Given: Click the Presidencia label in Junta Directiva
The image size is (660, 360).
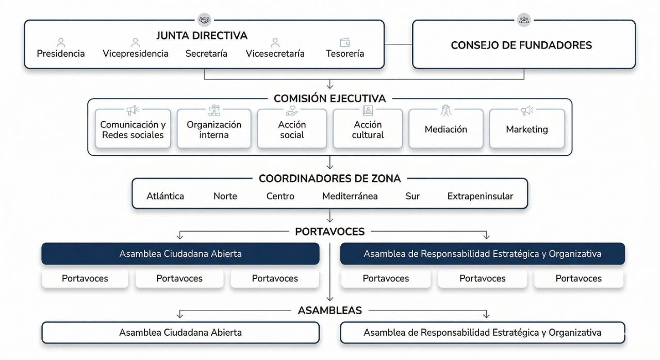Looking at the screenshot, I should coord(61,54).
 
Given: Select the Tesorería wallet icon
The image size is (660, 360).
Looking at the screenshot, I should coord(345,42).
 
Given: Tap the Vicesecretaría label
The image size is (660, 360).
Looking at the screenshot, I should coord(275,54).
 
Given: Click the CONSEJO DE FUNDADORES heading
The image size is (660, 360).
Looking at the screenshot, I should coord(521,45).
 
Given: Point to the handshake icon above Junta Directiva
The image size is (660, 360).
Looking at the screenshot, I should coord(205,20).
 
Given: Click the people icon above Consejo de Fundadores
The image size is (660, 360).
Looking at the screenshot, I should coord(524,20).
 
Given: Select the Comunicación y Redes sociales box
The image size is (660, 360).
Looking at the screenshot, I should coord(133,129).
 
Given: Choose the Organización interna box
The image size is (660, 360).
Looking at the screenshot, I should coord(214,129).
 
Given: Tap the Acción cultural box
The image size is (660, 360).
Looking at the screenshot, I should coord(368,129).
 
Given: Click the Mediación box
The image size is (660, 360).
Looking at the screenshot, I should coord(446,129).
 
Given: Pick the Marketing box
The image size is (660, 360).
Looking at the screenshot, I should coord(526,129).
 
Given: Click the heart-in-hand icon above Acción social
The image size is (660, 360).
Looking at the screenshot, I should coord(292,110).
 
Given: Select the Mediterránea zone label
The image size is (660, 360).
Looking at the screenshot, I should coord(350,196).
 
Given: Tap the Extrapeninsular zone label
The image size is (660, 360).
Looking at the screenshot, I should coord(480,196).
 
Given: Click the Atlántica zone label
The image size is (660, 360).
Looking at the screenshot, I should coord(165,196).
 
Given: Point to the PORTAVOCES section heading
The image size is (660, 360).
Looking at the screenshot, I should coord(329,232).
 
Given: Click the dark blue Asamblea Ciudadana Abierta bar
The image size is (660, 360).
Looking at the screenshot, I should coord(180,254).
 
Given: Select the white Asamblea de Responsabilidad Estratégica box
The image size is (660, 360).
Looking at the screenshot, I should coord(482,333).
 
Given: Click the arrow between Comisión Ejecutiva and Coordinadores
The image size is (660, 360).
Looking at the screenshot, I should coord(330,163).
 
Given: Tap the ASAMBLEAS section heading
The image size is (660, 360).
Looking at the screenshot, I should coord(329,310).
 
